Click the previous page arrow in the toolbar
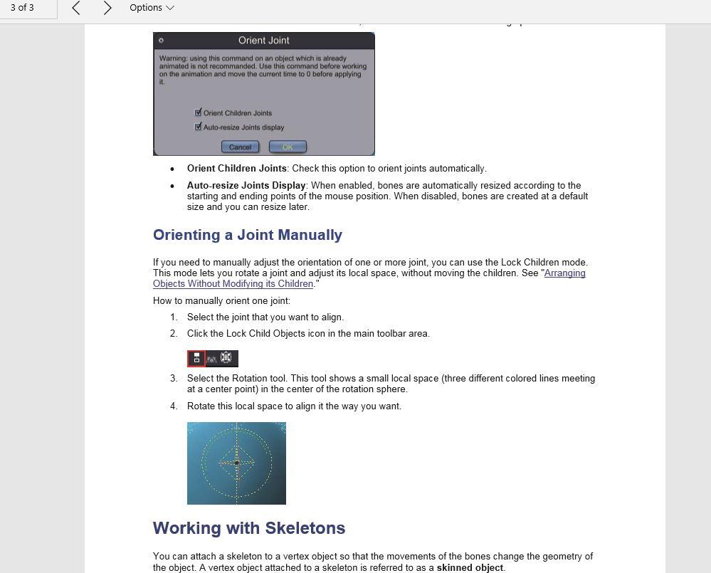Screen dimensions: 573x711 click(76, 8)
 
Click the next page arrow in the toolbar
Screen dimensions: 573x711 click(107, 8)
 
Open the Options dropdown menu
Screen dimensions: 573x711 click(152, 8)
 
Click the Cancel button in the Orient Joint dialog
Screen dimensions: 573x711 click(240, 147)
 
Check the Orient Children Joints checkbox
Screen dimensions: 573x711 click(199, 112)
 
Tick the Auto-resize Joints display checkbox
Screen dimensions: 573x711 click(199, 127)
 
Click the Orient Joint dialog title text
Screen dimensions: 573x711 click(263, 41)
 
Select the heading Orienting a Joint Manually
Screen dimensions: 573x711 click(247, 235)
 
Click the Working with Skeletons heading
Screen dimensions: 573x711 click(248, 528)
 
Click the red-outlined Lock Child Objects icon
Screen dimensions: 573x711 click(196, 358)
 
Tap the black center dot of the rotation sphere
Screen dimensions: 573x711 click(236, 463)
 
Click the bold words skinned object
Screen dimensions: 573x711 click(469, 568)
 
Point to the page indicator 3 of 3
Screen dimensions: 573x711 click(22, 8)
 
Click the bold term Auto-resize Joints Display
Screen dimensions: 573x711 click(246, 186)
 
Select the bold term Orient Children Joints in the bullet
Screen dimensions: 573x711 click(236, 169)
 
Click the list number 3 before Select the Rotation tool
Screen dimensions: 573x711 click(174, 379)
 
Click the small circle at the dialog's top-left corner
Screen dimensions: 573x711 click(161, 41)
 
